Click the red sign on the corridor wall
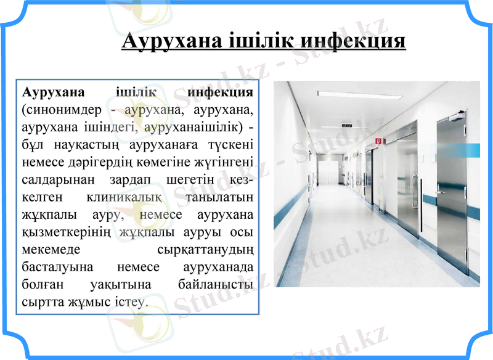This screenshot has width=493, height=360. (x=378, y=141)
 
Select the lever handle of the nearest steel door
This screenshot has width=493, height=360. (x=442, y=192)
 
